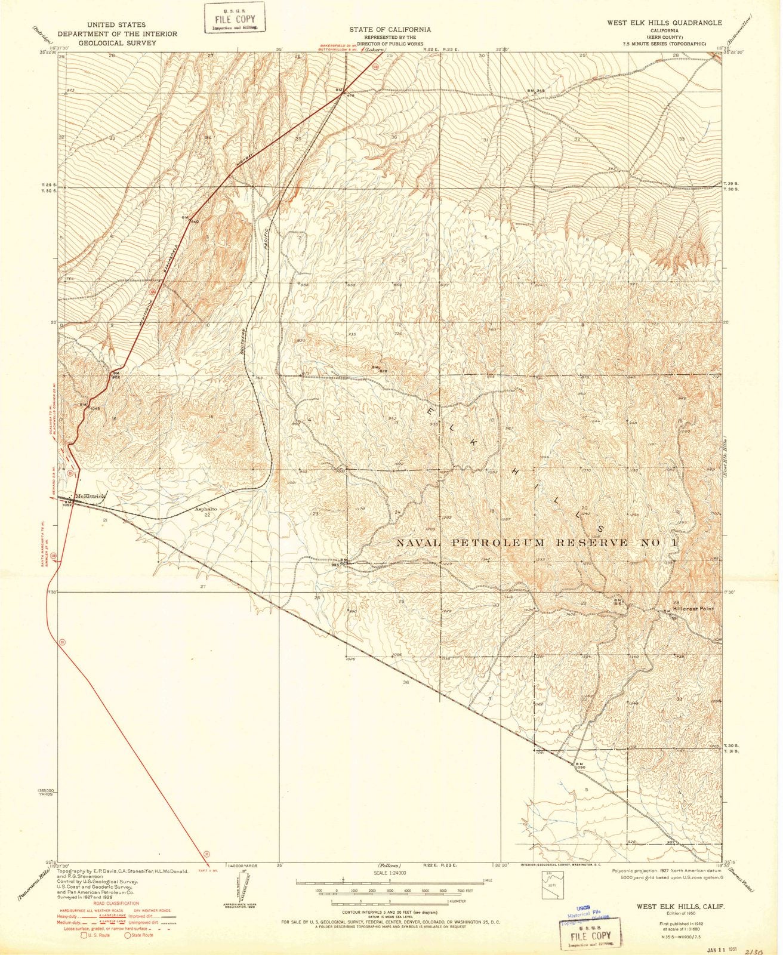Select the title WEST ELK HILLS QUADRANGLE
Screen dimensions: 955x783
point(664,23)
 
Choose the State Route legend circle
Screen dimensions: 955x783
point(128,935)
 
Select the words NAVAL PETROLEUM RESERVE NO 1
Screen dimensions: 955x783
point(537,543)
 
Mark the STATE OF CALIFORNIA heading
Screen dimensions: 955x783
point(391,29)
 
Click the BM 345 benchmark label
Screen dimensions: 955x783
point(536,90)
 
